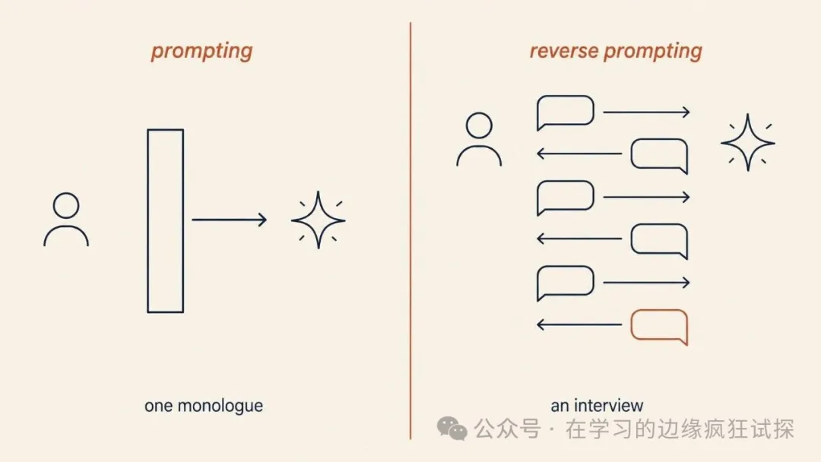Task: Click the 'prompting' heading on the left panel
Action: click(201, 52)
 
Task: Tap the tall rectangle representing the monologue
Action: click(148, 221)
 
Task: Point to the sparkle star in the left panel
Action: click(319, 220)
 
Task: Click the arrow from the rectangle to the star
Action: click(230, 220)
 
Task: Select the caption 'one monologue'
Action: click(204, 406)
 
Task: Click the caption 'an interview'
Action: click(597, 406)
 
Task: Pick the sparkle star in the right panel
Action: click(748, 142)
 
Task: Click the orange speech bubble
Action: click(659, 311)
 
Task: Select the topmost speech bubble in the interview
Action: click(566, 97)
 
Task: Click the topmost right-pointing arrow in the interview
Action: click(647, 112)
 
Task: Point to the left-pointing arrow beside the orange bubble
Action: click(579, 325)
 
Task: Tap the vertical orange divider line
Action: click(410, 231)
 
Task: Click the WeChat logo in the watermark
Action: click(452, 429)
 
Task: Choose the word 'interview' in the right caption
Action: click(608, 406)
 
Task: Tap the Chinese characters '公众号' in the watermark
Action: click(507, 429)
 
